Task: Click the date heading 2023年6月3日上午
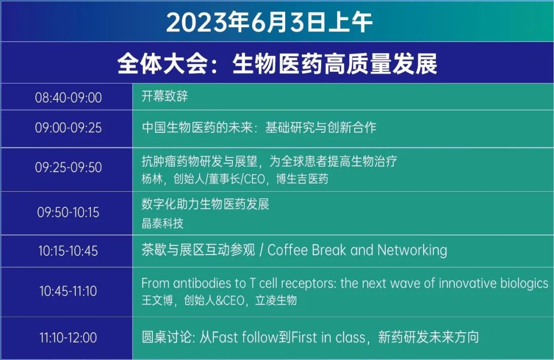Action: coord(269,22)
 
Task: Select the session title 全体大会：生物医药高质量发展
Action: coord(277,64)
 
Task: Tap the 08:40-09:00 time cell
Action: coord(68,97)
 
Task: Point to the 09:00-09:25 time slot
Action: coord(68,128)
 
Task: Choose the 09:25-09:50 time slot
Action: coord(68,167)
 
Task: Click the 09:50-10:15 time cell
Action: coord(68,212)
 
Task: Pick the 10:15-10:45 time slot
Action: coord(68,251)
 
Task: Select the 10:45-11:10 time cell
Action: coord(68,291)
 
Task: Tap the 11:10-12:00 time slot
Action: coord(68,337)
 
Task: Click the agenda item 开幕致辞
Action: coord(165,96)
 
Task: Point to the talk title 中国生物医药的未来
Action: coord(197,127)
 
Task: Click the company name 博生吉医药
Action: coord(302,179)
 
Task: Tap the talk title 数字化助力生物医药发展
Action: coord(205,204)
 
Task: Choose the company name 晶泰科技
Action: coord(163,223)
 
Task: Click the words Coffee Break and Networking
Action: coord(357,250)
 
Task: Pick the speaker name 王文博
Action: coord(157,301)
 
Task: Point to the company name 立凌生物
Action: coord(276,301)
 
